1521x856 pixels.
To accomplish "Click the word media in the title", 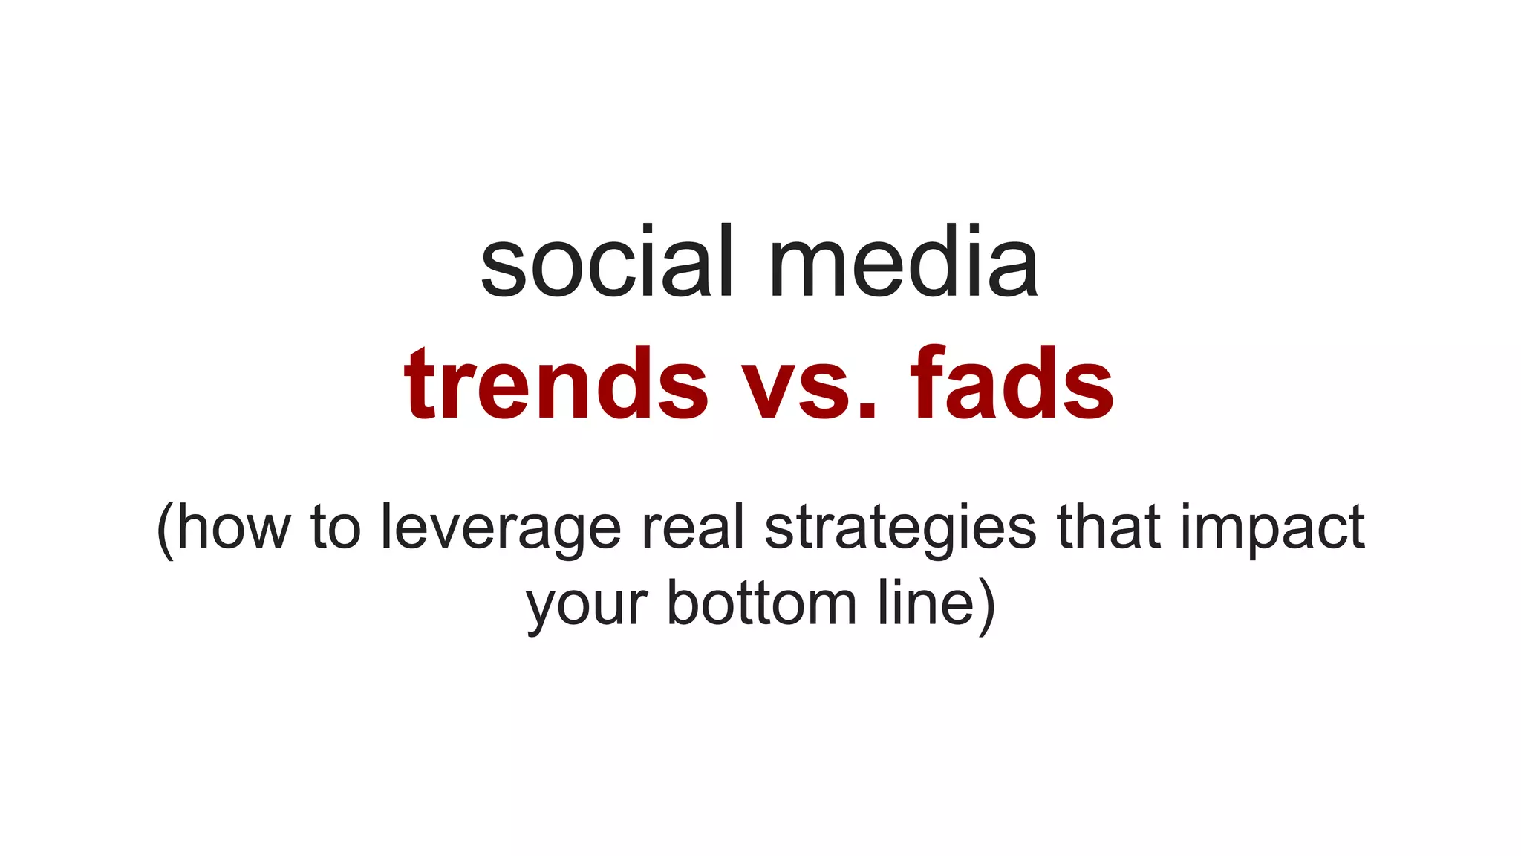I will (x=902, y=264).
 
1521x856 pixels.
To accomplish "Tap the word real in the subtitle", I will (x=692, y=528).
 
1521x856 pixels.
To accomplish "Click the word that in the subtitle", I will (x=1109, y=528).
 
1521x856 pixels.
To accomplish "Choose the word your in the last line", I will (x=587, y=606).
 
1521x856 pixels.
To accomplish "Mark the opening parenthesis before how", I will (x=165, y=529).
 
